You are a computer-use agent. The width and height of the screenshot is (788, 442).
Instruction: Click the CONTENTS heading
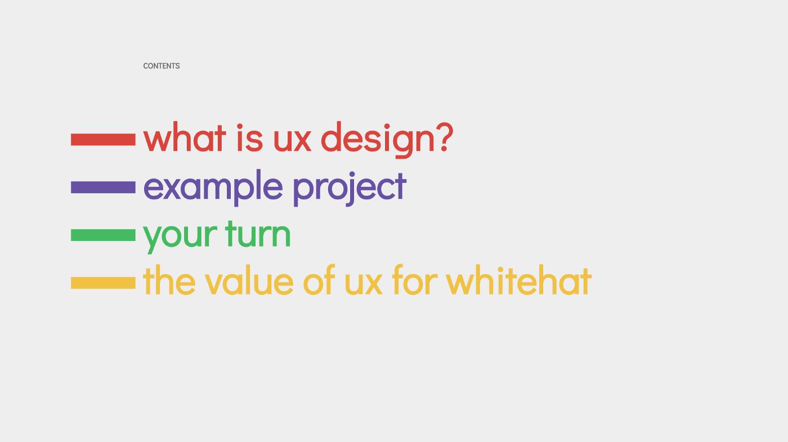pos(162,66)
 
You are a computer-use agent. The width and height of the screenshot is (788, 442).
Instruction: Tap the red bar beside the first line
pos(103,140)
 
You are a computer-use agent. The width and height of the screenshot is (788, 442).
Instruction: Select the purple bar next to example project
pos(103,187)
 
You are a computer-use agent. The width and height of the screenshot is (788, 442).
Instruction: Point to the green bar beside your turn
pos(103,235)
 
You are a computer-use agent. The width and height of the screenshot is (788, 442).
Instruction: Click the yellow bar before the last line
pos(103,283)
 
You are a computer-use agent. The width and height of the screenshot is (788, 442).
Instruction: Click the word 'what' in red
pos(185,137)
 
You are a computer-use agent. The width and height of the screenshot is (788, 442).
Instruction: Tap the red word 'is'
pos(250,137)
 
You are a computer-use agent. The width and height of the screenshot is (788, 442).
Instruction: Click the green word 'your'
pos(180,237)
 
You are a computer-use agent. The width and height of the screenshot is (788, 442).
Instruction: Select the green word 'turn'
pos(258,233)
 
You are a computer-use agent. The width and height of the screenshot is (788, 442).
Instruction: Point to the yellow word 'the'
pos(169,280)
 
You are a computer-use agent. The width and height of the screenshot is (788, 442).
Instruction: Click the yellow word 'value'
pos(249,280)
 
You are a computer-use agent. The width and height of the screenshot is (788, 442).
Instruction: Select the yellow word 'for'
pos(415,280)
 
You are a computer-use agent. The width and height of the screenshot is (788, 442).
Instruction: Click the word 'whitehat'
pos(519,280)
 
